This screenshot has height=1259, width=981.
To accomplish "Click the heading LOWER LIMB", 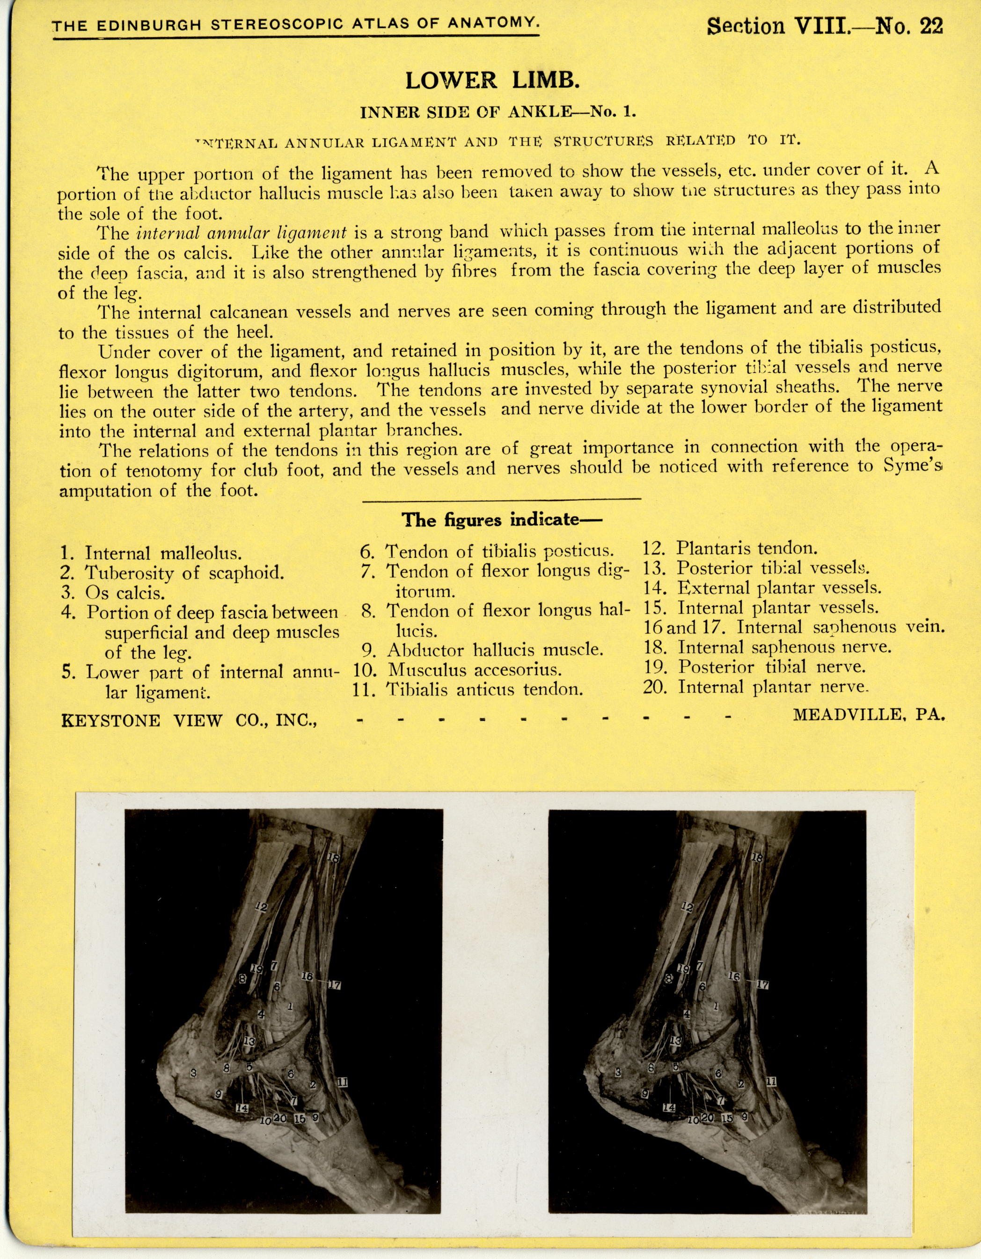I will [492, 81].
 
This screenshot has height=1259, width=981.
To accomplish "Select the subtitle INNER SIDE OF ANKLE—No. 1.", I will [498, 112].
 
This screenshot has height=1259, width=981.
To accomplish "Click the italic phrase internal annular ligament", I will [242, 233].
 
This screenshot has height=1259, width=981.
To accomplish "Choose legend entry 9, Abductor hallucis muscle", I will [483, 650].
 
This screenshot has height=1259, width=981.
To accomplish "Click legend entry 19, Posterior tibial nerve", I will [755, 667].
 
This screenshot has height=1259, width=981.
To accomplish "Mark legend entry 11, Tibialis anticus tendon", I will [468, 689].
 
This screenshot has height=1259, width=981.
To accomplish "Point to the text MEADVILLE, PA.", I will [869, 715].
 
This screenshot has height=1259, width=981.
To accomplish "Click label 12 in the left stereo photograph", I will [261, 907].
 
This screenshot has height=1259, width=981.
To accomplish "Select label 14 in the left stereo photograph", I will [242, 1108].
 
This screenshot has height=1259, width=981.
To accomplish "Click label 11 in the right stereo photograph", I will [771, 1082].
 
